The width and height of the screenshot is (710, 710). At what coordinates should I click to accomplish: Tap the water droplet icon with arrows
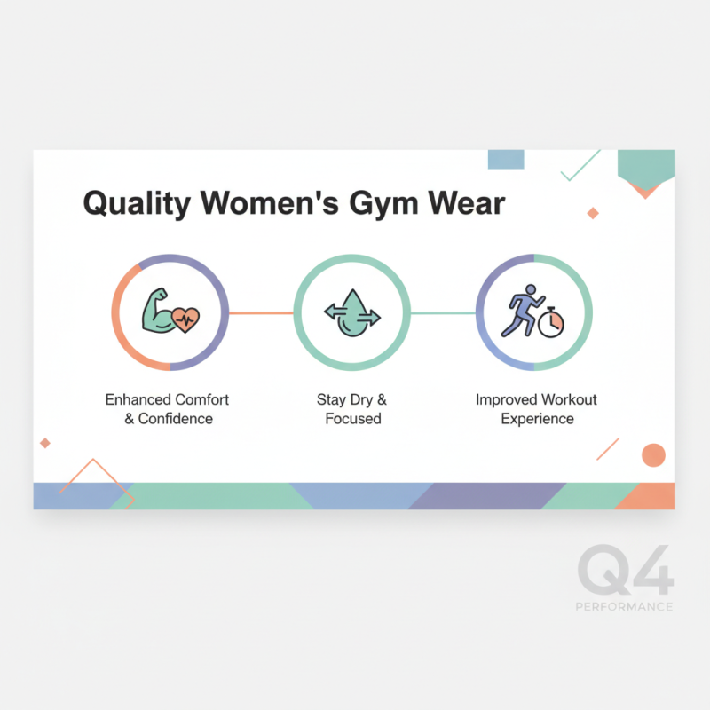(x=351, y=313)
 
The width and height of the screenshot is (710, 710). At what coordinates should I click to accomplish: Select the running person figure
(x=521, y=310)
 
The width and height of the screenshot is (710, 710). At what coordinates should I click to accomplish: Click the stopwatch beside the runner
(x=551, y=322)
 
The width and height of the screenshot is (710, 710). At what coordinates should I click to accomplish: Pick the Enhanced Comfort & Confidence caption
(x=167, y=409)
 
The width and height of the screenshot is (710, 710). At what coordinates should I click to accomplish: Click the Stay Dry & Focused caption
(x=351, y=409)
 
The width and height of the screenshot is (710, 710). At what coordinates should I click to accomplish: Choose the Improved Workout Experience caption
(x=536, y=409)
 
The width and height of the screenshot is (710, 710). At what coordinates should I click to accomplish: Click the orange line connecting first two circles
(x=261, y=312)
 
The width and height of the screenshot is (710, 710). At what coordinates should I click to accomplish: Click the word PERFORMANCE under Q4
(x=624, y=607)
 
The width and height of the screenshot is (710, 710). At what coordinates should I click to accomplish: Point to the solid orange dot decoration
(x=653, y=455)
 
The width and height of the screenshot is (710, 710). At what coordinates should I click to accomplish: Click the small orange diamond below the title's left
(x=45, y=443)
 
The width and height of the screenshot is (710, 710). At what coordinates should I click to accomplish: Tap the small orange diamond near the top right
(x=593, y=213)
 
